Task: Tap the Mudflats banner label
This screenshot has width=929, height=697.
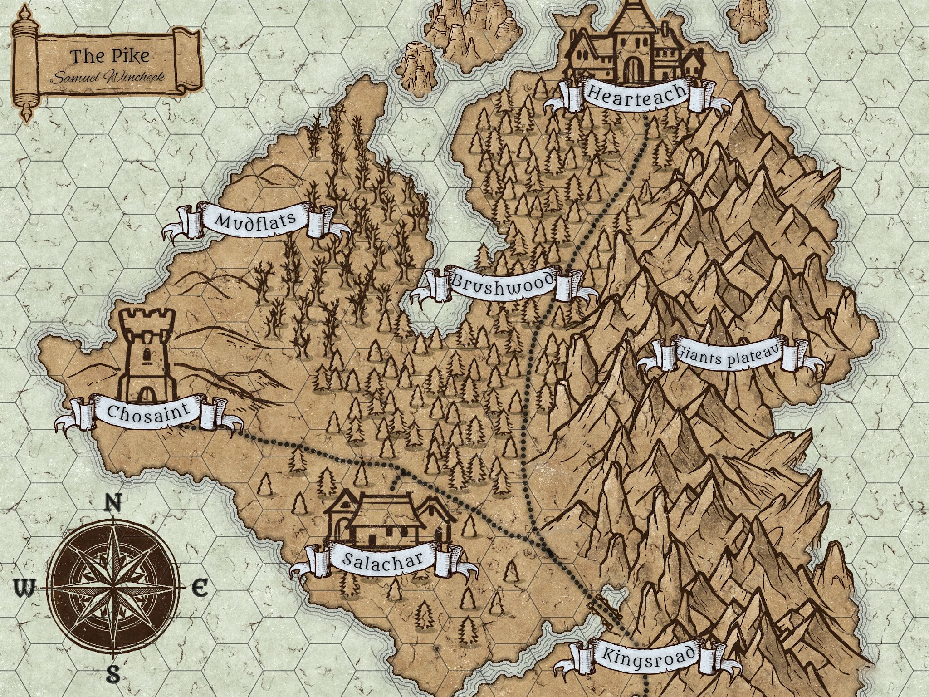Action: click(x=255, y=221)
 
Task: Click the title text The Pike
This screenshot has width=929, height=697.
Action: click(x=110, y=56)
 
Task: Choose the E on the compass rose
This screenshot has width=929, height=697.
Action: click(x=199, y=589)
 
